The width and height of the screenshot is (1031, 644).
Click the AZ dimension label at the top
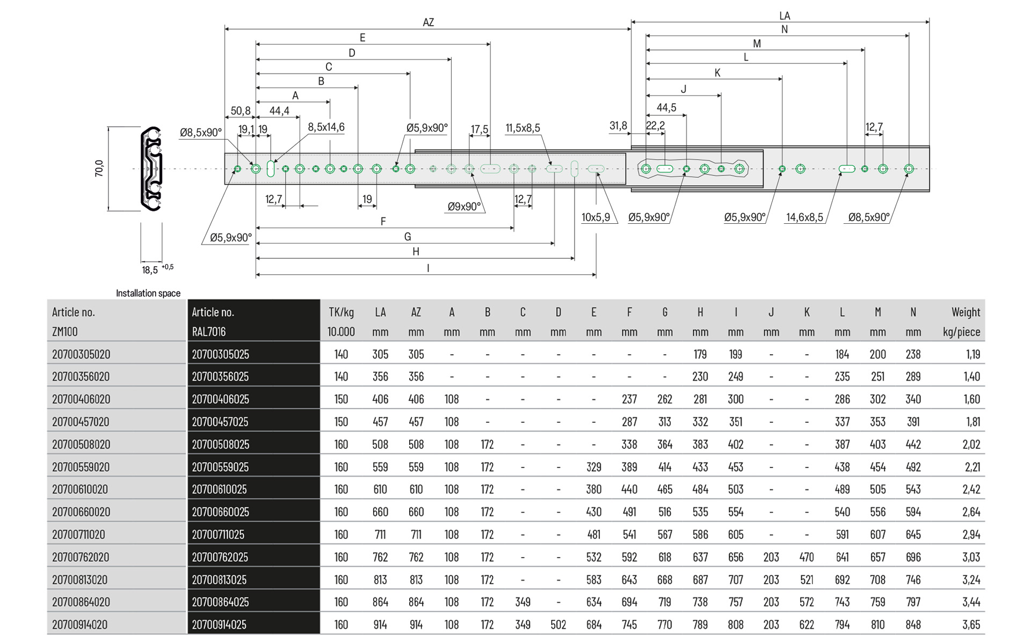[x=428, y=23]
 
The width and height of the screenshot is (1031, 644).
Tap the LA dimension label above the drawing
[x=785, y=16]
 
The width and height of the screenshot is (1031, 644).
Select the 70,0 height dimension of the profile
[x=99, y=168]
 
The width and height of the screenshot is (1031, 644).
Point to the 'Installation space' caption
[x=148, y=293]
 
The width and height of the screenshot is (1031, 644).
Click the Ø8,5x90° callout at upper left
[x=200, y=133]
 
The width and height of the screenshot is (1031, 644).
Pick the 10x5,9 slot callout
[x=596, y=217]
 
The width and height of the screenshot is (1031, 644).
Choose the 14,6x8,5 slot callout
[x=804, y=217]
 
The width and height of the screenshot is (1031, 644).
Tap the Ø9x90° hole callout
[x=464, y=207]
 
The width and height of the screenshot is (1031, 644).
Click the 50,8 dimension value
[x=241, y=111]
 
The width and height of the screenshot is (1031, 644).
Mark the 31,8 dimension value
[x=618, y=126]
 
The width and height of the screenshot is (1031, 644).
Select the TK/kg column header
[x=341, y=312]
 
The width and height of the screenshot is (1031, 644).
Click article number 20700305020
[x=81, y=354]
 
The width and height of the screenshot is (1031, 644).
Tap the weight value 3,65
[x=971, y=625]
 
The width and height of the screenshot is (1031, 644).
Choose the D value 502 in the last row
[x=558, y=625]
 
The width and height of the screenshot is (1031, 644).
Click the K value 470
[x=807, y=557]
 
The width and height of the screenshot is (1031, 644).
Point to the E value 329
[x=593, y=467]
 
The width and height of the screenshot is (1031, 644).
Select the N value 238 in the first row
[x=913, y=354]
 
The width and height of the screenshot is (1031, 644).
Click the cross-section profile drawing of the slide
[x=151, y=169]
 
